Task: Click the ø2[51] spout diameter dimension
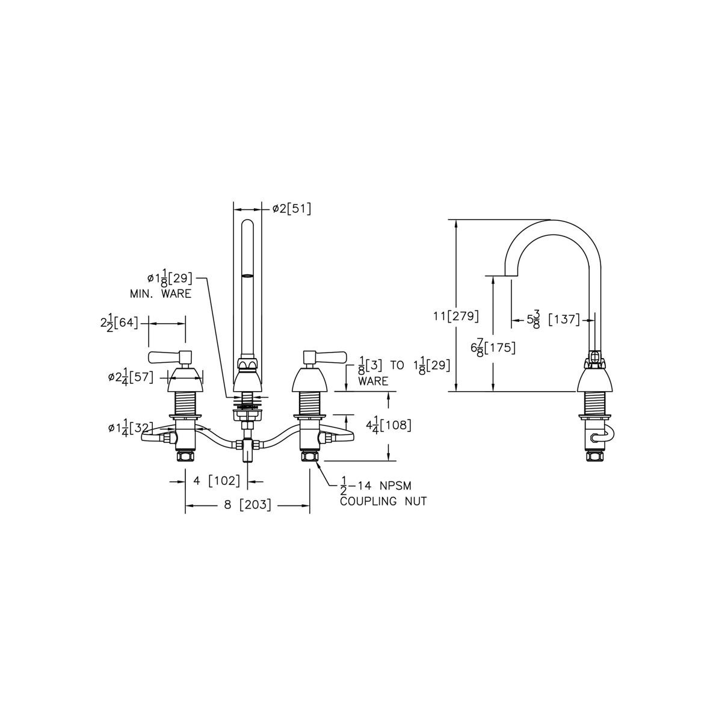tap(291, 209)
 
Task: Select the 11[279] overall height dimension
tap(456, 316)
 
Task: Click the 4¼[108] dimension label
tap(389, 425)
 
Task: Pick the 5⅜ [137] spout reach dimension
tap(553, 319)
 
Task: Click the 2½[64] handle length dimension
tap(119, 323)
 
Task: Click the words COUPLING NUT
tap(383, 501)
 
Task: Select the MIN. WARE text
tap(160, 294)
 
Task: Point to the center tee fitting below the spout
tap(247, 446)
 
